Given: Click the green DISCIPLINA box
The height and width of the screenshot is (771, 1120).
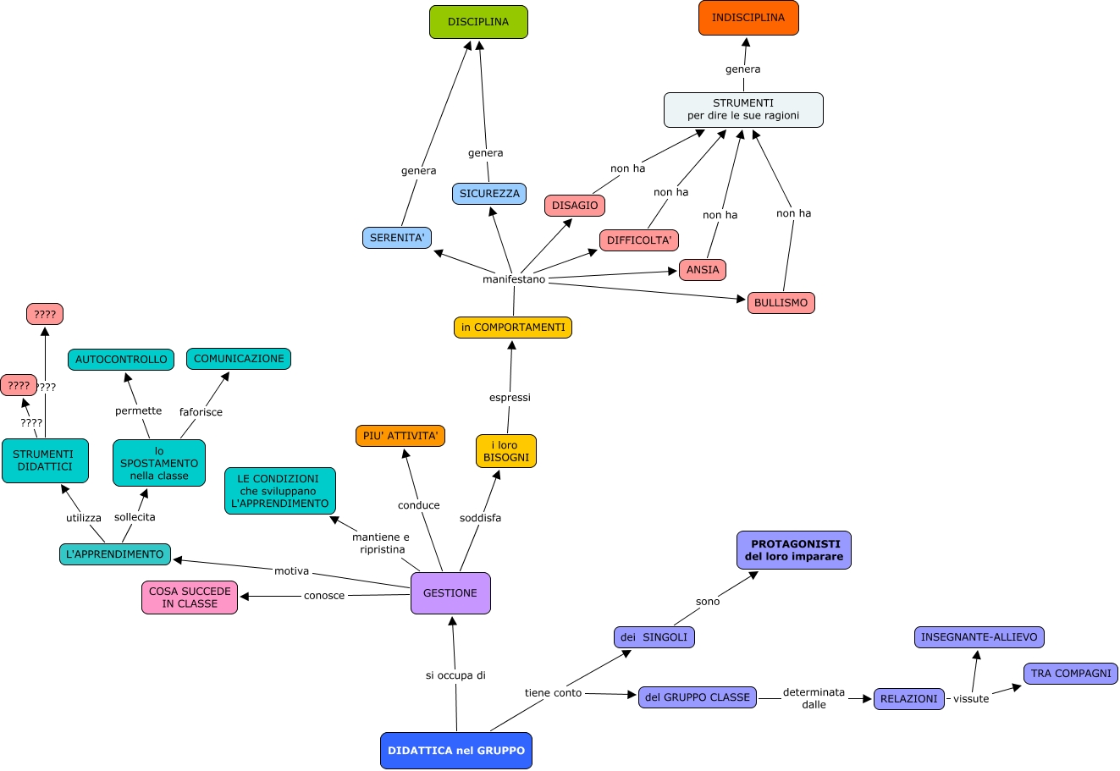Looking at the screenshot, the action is coord(478,22).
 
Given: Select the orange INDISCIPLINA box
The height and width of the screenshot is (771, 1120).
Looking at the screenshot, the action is coord(748,18).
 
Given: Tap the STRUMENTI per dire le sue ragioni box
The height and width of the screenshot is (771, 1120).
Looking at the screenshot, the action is coord(743,110).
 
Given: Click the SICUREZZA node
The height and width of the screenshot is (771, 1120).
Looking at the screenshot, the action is coord(489,194).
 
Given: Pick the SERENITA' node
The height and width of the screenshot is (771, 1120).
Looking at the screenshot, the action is coord(397,238).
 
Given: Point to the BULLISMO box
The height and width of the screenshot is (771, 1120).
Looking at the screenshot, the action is coord(781,303).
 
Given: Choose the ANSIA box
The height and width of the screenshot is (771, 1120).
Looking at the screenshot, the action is coord(703,270).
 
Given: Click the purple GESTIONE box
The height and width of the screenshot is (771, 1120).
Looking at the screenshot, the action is coord(450,593).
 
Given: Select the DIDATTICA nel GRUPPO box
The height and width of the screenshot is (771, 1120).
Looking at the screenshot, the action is coord(456,751).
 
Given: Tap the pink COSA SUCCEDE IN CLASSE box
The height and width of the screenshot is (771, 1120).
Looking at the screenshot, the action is coord(190,598).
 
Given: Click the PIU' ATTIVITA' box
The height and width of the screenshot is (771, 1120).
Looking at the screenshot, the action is coord(400,436).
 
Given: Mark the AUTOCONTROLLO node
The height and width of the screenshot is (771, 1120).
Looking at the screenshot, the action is coord(121,360).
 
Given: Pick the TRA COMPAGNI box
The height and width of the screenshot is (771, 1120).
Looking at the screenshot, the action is coord(1071,674).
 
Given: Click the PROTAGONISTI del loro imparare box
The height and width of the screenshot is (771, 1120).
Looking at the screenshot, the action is coord(794,550).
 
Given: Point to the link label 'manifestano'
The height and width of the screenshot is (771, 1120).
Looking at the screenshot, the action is coord(514,279).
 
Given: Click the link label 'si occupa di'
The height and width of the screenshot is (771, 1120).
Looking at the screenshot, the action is coord(455,675).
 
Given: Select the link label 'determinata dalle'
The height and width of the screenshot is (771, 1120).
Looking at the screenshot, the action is coord(814,698).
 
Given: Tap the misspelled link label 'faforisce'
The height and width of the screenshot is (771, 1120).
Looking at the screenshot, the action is coord(201,412).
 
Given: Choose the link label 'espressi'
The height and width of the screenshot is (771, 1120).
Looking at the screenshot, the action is coord(510,398).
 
